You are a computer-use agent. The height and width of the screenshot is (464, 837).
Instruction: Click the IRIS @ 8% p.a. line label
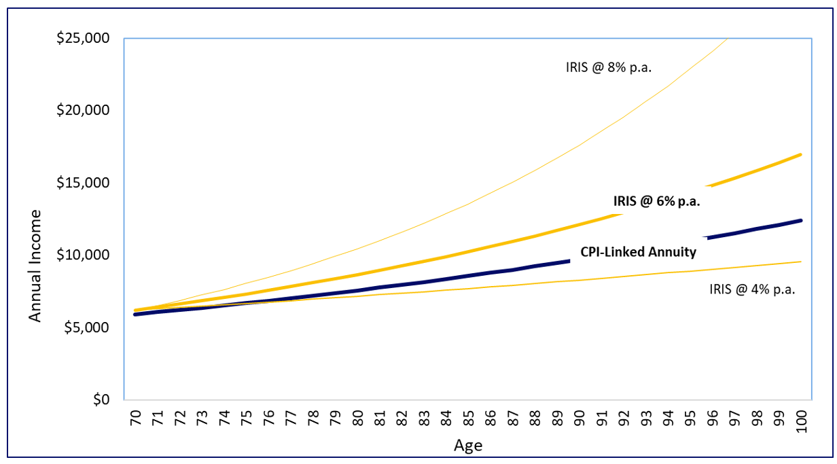click(x=608, y=67)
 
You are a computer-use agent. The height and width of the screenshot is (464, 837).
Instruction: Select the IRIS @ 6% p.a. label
click(x=656, y=201)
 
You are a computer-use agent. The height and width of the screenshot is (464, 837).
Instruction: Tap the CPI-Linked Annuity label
click(x=638, y=252)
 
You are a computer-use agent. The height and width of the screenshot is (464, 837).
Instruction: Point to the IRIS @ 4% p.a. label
click(x=752, y=289)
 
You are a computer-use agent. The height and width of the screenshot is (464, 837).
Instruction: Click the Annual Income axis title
click(x=35, y=266)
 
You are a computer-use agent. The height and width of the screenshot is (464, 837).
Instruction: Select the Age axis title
click(x=467, y=446)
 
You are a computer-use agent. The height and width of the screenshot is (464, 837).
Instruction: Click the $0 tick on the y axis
click(x=101, y=399)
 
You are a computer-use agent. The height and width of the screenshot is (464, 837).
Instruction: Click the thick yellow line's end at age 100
click(x=801, y=154)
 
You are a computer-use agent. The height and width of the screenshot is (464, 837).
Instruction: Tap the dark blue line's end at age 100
click(x=801, y=220)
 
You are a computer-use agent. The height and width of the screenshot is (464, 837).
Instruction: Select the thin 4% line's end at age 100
click(x=801, y=262)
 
